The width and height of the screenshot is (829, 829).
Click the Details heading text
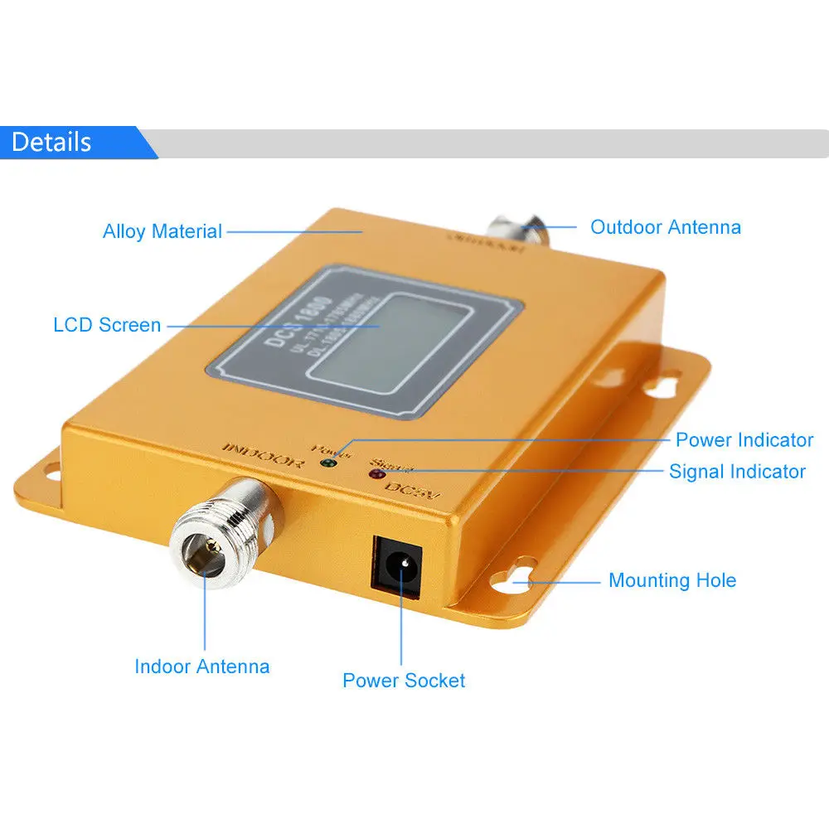pos(51,142)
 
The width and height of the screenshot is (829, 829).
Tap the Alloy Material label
pos(162,231)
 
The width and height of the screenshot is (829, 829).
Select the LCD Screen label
pos(107,324)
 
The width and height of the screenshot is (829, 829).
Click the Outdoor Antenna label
pos(665,226)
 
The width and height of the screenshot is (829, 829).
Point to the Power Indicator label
pos(744,439)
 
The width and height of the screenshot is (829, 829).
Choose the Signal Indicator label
pos(737,472)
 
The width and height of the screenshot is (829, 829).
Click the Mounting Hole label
pos(671,579)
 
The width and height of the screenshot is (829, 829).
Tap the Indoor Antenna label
pos(201,666)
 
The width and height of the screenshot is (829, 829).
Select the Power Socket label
pos(404,681)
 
